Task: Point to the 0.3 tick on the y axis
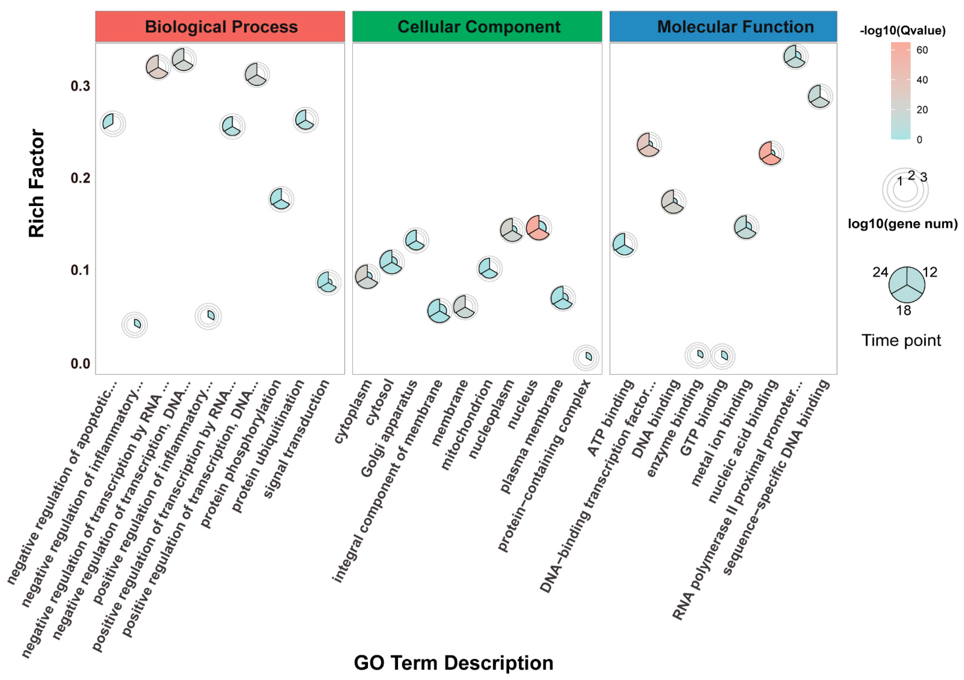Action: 80,86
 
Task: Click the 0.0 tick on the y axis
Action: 80,363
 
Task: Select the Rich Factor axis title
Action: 37,183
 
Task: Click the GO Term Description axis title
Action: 454,663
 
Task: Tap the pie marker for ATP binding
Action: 624,244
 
